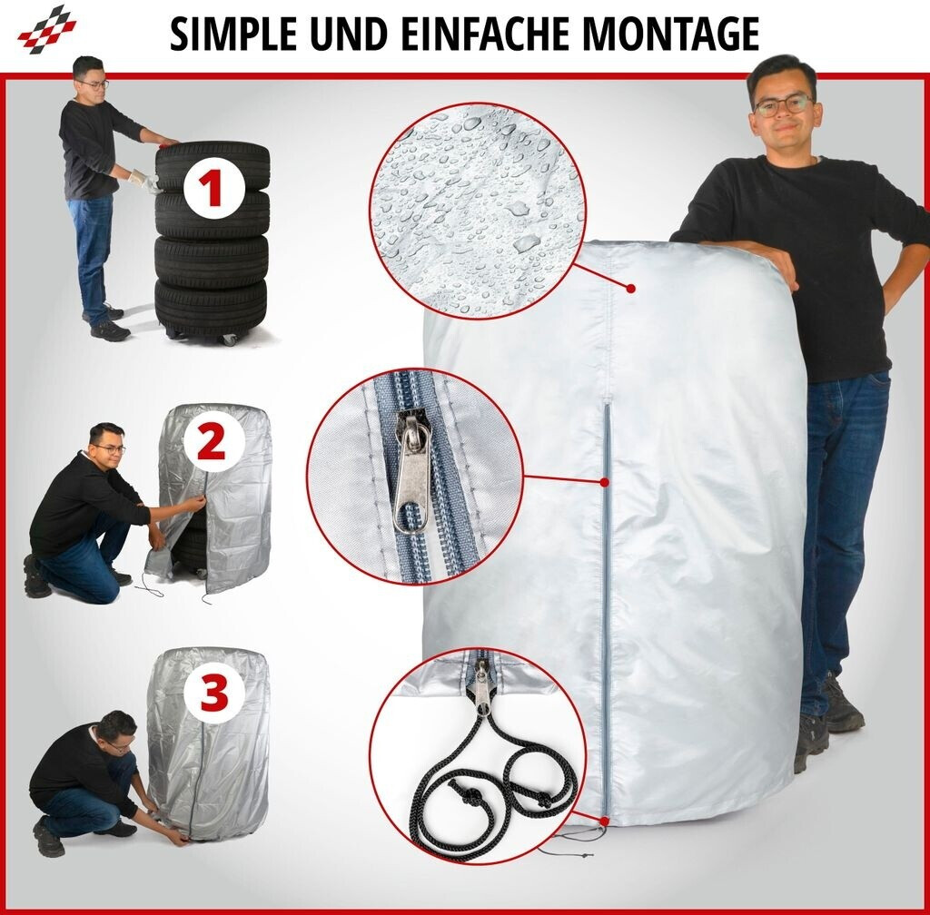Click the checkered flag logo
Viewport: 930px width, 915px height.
tap(47, 29)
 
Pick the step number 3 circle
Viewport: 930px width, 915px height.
tap(214, 694)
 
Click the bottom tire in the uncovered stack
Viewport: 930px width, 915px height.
tap(211, 308)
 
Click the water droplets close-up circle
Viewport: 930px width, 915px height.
tap(478, 211)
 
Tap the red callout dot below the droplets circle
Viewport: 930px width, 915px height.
tap(631, 289)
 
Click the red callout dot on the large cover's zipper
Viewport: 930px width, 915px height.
tap(604, 482)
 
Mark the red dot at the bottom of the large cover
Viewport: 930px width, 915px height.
tap(604, 822)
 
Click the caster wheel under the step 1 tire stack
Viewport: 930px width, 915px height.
tap(229, 340)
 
